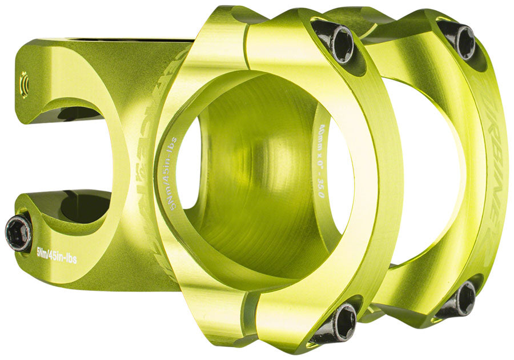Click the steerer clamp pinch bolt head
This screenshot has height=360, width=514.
click(18, 233)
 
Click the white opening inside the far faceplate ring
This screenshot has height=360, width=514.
click(423, 171)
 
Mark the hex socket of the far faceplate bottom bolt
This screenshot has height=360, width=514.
click(465, 298)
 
